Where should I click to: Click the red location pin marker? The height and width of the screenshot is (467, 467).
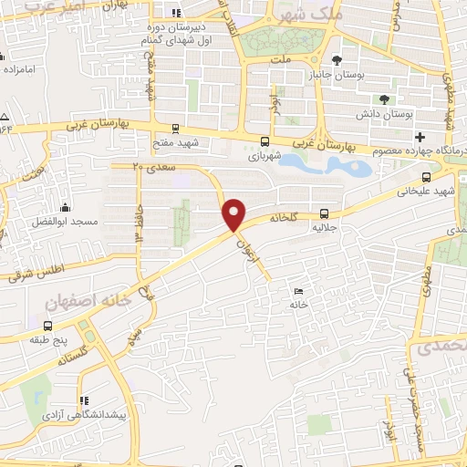235,213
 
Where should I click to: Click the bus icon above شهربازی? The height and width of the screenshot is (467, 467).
265,141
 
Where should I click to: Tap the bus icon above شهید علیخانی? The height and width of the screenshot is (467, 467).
426,178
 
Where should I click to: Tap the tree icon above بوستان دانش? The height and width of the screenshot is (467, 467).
385,99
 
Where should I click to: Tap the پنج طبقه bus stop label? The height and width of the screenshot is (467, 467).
47,339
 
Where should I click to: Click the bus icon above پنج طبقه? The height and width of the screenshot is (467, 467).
47,325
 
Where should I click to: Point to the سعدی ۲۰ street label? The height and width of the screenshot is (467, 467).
150,168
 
